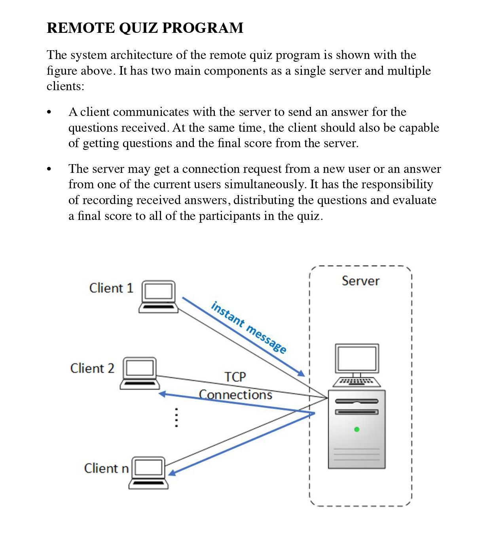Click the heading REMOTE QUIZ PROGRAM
[x=145, y=28]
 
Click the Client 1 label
[x=111, y=288]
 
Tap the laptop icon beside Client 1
[x=159, y=297]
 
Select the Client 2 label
[x=92, y=368]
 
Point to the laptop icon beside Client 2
[x=140, y=373]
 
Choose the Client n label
[x=106, y=468]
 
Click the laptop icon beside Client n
[x=149, y=473]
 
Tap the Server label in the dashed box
[x=360, y=281]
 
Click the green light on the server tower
[x=357, y=429]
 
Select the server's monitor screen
[x=357, y=358]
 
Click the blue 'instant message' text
[x=248, y=327]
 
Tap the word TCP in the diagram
[x=235, y=377]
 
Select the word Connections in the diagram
[x=235, y=394]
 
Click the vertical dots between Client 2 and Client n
[x=176, y=418]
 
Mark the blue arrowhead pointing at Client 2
[x=162, y=394]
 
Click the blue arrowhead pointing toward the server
[x=301, y=373]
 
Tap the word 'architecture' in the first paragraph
[x=141, y=55]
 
